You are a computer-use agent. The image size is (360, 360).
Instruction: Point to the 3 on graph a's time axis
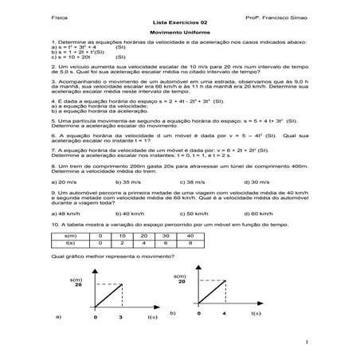click(119, 317)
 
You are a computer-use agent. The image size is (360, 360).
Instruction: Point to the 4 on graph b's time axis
click(225, 315)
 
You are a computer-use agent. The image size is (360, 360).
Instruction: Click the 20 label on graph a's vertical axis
click(79, 284)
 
